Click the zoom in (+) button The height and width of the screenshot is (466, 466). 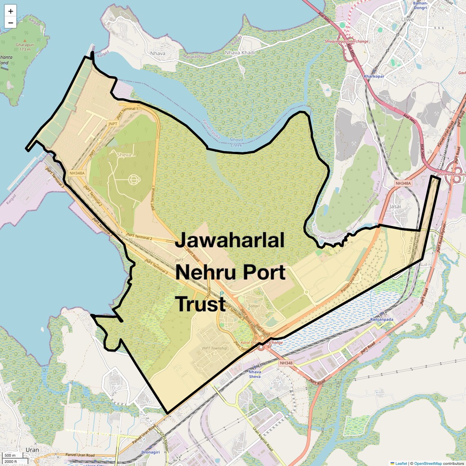pos(11,11)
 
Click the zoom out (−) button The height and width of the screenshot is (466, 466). pos(11,22)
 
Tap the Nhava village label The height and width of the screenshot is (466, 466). pos(158,54)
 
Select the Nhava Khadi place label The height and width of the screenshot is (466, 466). pos(240,53)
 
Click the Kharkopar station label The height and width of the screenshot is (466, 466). pos(374,76)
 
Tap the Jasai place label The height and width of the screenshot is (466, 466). pos(395,206)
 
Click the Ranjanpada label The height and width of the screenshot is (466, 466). pos(381,320)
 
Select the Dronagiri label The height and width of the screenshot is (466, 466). pos(150,452)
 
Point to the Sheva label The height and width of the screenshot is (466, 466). pos(124,155)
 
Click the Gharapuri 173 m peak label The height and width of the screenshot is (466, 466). pos(25,47)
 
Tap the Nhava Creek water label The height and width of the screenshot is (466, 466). pos(236,142)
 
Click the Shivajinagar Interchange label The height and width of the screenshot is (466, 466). pos(346,41)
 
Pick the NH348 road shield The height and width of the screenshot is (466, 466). pos(286,363)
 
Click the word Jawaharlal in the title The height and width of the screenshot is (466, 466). pos(229,240)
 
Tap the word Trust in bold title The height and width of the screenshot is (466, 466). pos(200,304)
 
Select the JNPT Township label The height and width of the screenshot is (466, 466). pos(214,348)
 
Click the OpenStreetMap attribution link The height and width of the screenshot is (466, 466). pos(428,463)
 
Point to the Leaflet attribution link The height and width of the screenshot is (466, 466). pos(401,463)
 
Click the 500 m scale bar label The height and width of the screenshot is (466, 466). pos(10,455)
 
